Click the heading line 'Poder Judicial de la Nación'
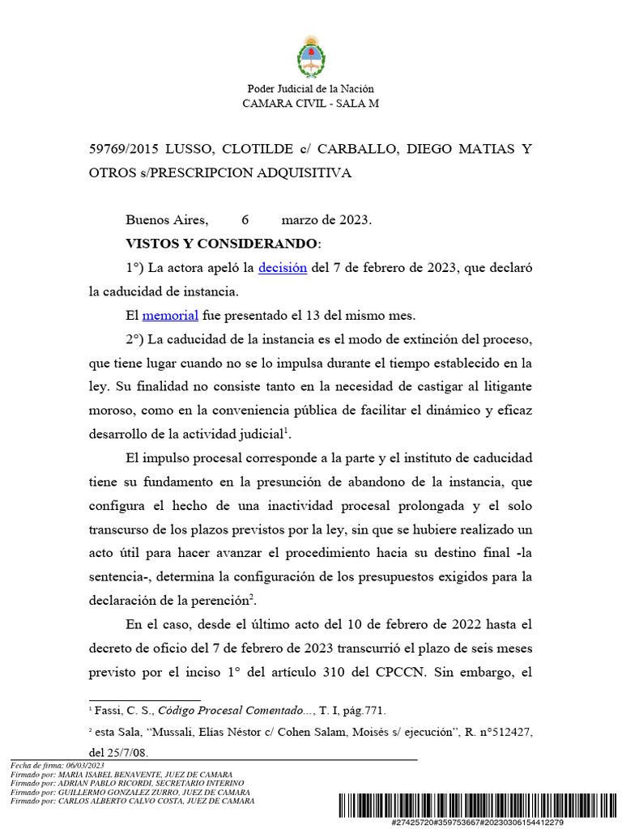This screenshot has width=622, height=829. [x=310, y=89]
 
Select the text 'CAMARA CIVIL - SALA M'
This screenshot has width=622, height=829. [x=310, y=103]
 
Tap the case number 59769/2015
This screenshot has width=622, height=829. [x=123, y=150]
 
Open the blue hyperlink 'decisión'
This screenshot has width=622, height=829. [x=283, y=268]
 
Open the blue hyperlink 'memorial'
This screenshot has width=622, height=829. [x=170, y=316]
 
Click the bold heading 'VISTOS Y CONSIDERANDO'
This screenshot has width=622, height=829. [x=222, y=244]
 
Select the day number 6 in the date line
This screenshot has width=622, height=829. [x=245, y=220]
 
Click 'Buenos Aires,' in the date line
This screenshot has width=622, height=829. [x=167, y=220]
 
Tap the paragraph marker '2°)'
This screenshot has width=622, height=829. [x=135, y=339]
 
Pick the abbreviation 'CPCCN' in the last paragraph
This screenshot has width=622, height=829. [x=410, y=672]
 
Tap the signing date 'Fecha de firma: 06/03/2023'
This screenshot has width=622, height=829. [x=58, y=765]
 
